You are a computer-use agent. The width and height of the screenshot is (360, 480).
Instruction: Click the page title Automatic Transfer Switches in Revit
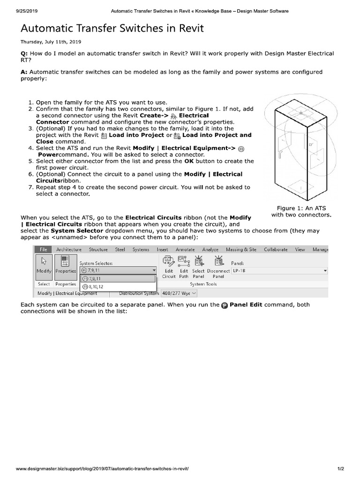(112, 29)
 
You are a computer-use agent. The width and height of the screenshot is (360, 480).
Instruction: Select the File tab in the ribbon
(43, 250)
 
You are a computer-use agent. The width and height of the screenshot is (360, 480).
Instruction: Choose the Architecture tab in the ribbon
(68, 250)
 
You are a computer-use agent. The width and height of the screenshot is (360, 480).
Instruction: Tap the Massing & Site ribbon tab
(241, 250)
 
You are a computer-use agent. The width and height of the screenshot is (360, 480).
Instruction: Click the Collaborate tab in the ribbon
(276, 250)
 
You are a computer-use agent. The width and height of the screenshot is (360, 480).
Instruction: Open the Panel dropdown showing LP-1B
(279, 270)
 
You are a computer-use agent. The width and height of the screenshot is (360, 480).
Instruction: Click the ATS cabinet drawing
(298, 148)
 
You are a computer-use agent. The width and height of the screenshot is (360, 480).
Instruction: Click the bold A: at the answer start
(24, 72)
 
